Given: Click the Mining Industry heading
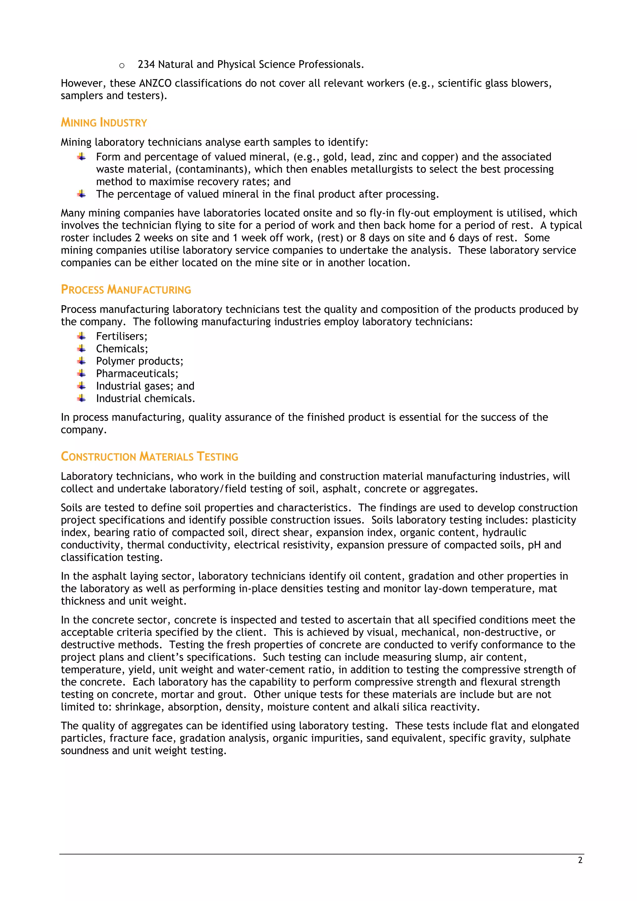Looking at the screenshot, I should pos(104,123).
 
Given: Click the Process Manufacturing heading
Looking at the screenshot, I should pos(126,290).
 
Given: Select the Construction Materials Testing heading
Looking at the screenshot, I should pos(149,456).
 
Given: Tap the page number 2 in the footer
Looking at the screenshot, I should pos(580,860).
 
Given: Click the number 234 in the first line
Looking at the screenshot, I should pos(146,64).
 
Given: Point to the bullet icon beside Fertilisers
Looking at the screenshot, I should pos(81,336).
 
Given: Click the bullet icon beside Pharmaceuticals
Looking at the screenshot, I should pos(81,374).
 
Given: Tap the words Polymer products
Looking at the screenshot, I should pos(139,361).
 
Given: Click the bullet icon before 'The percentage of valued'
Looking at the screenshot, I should pos(81,194).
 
